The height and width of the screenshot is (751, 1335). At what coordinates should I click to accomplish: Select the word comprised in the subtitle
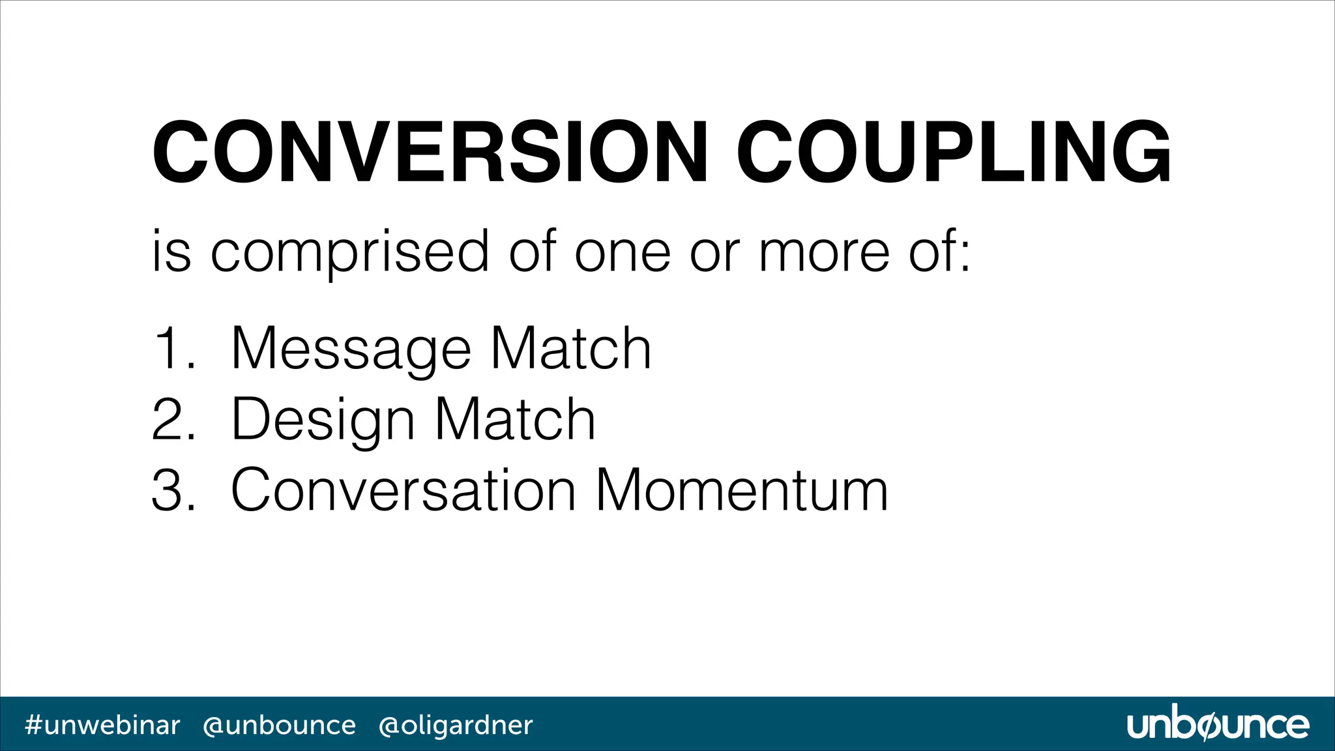349,252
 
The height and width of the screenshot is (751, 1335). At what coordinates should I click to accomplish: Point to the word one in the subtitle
622,252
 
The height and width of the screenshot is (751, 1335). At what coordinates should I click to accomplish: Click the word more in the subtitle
824,252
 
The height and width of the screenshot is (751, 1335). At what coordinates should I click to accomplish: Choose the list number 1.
171,349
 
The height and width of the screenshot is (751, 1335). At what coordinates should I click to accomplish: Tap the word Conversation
403,490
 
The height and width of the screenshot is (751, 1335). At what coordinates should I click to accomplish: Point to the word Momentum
742,490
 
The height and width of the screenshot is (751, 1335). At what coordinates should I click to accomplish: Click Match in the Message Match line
571,349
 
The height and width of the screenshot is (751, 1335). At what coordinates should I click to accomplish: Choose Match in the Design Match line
515,420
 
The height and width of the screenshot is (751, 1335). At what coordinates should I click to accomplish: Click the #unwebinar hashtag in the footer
102,725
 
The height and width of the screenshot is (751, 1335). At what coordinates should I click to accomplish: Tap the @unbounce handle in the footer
279,725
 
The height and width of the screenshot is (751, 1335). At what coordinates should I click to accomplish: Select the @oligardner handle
456,725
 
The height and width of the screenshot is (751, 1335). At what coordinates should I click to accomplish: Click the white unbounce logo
1217,725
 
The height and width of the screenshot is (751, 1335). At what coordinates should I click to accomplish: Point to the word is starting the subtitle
171,252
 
